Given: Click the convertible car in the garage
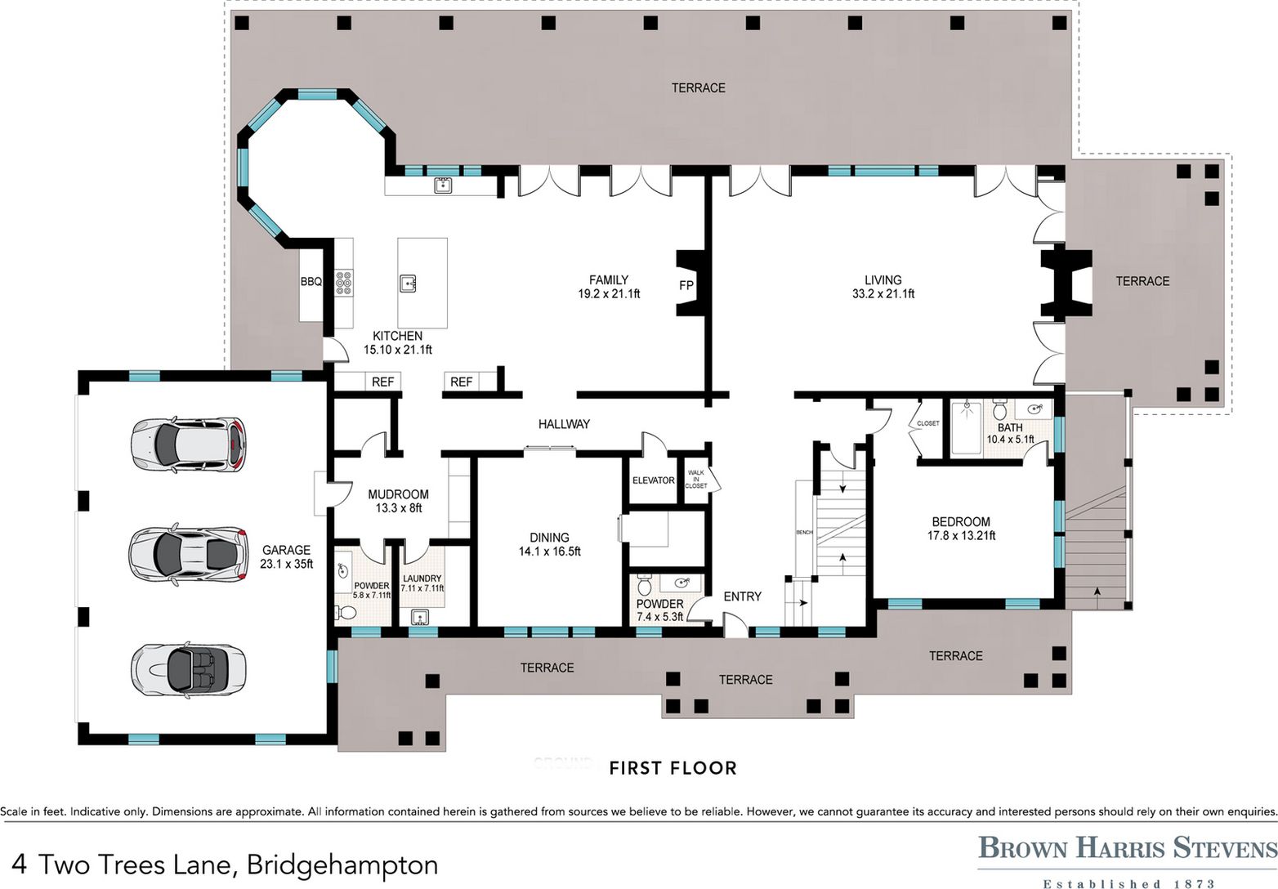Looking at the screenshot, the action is [189, 668].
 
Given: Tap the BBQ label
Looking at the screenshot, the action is [311, 281].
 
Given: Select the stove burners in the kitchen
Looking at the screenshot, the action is [343, 283].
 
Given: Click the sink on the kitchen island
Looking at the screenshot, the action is [408, 283].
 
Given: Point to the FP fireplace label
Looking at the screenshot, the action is [686, 284].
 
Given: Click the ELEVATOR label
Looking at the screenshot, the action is [653, 480].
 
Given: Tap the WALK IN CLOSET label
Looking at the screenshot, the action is [696, 480].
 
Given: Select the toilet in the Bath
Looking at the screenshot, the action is [999, 409].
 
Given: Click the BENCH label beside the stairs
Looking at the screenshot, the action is [804, 533].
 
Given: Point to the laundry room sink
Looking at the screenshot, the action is [420, 618].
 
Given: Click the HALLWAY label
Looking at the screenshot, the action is [564, 424].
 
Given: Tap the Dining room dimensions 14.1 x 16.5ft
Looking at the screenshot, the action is [549, 552].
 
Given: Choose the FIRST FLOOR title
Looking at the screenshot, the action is [673, 768].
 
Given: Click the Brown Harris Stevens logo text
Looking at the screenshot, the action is [1128, 848].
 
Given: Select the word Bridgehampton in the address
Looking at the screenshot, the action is [342, 865].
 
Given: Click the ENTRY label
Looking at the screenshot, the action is [742, 596].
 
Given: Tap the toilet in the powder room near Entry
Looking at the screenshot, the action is [645, 585].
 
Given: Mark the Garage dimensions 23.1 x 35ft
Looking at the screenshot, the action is [287, 565].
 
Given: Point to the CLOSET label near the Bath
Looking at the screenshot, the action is [927, 423].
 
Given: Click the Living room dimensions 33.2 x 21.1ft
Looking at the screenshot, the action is [883, 294].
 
